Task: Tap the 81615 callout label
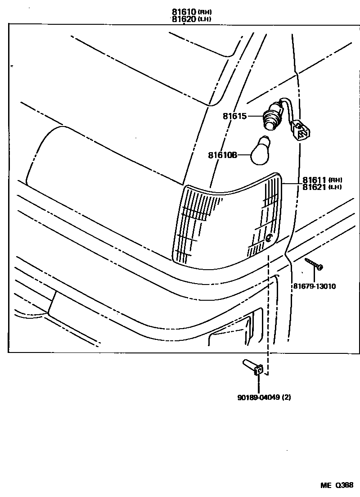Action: pyautogui.click(x=234, y=116)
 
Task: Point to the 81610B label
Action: pyautogui.click(x=222, y=156)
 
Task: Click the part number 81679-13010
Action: pyautogui.click(x=315, y=286)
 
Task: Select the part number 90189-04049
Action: pyautogui.click(x=259, y=398)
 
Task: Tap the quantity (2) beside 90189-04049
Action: pyautogui.click(x=286, y=398)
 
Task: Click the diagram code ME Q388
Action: pyautogui.click(x=337, y=485)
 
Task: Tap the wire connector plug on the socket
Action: pyautogui.click(x=300, y=130)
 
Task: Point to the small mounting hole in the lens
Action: pyautogui.click(x=269, y=238)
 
